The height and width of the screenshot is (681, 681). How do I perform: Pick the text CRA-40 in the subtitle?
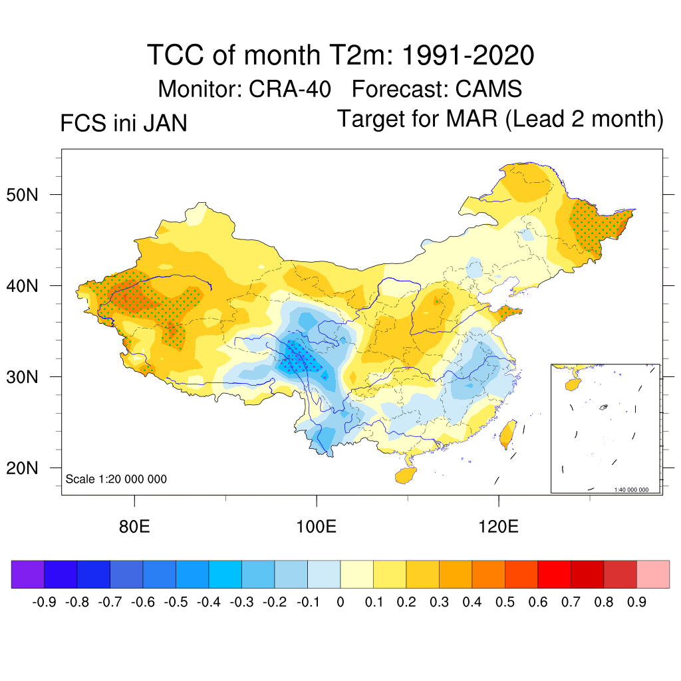pos(290,88)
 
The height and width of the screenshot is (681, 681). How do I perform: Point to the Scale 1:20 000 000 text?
pos(116,479)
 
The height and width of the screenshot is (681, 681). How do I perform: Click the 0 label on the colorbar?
pos(340,603)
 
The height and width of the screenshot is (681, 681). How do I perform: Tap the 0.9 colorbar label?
pos(636,603)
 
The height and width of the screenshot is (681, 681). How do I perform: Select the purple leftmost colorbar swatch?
pos(28,574)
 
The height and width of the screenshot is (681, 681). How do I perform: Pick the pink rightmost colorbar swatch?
pos(653,574)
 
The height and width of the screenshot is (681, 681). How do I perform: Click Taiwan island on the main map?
pos(507,433)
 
